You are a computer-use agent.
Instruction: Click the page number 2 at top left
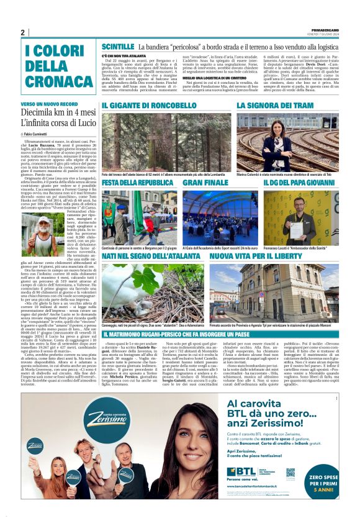tap(22, 32)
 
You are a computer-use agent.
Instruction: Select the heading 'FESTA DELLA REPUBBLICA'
tap(137, 183)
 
